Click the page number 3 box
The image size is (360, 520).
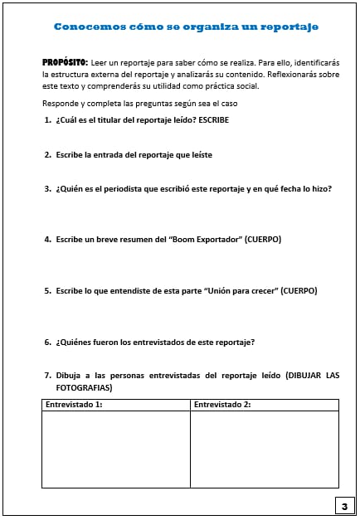[343, 505]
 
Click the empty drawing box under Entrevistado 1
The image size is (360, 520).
[115, 449]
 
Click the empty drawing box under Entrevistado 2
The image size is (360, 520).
[264, 449]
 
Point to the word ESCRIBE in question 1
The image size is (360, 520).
[212, 120]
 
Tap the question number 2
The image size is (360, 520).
[47, 154]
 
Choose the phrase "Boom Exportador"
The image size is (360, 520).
[192, 240]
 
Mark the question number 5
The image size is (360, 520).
[47, 290]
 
